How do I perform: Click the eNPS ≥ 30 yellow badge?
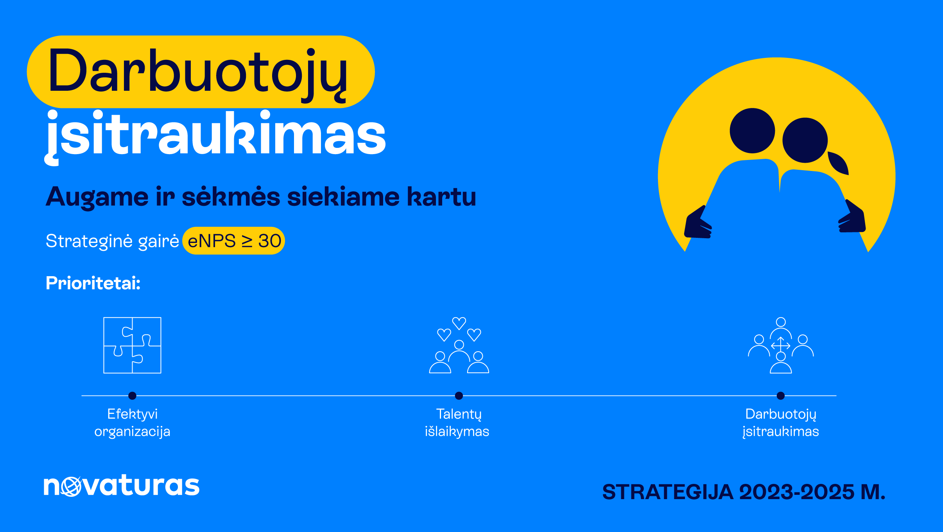tap(234, 241)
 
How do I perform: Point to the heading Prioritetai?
tap(93, 283)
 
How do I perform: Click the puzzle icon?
tap(133, 345)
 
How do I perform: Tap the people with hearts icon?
tap(459, 345)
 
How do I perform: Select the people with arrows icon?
tap(781, 345)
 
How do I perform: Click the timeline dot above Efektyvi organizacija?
tap(133, 396)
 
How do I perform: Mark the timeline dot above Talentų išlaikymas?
tap(459, 396)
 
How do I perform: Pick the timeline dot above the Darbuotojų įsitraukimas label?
tap(781, 396)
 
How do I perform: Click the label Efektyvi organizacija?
tap(133, 423)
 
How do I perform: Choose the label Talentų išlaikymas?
tap(457, 423)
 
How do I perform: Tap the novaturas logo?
tap(122, 485)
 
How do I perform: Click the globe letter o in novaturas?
tap(71, 487)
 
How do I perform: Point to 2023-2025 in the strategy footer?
tap(796, 492)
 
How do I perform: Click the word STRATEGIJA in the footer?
tap(668, 492)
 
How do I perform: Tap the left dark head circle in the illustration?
tap(752, 131)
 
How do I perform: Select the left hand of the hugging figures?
tap(698, 223)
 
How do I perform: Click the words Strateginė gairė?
tap(112, 241)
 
